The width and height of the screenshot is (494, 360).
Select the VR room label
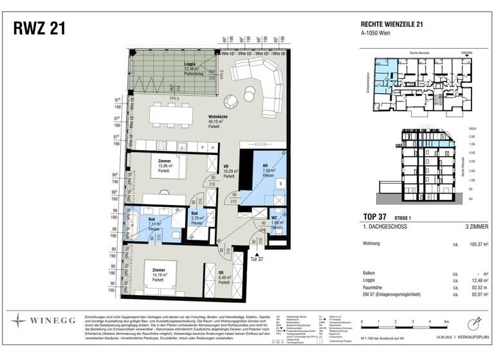[x=227, y=165]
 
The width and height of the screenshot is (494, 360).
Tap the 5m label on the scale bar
[x=444, y=320]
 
